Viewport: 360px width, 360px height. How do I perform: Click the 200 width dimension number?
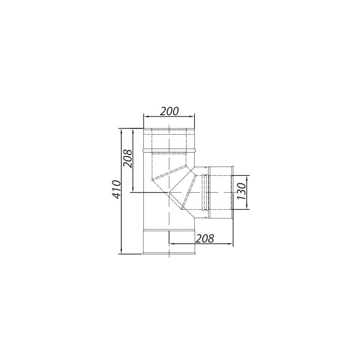(x=169, y=111)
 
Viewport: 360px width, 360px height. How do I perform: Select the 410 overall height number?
(x=117, y=190)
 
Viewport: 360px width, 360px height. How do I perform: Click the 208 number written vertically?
(x=128, y=159)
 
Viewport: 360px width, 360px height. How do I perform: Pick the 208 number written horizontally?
(x=204, y=238)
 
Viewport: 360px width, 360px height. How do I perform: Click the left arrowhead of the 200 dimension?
(x=146, y=117)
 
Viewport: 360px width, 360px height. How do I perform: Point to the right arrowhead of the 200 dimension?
(x=192, y=117)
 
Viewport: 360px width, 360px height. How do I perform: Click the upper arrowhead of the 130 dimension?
(x=247, y=178)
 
